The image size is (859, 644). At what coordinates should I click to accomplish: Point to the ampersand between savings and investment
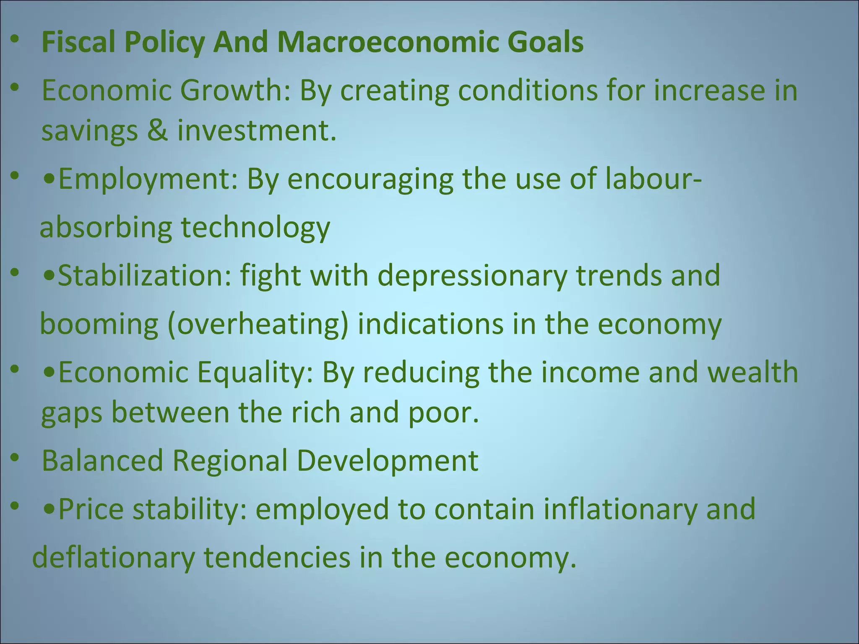click(157, 130)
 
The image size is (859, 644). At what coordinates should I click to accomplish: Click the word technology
click(255, 228)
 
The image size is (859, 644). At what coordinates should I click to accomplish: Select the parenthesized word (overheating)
click(258, 324)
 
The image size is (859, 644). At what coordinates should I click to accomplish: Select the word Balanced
click(102, 461)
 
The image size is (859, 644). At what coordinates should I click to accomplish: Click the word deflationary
click(114, 558)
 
